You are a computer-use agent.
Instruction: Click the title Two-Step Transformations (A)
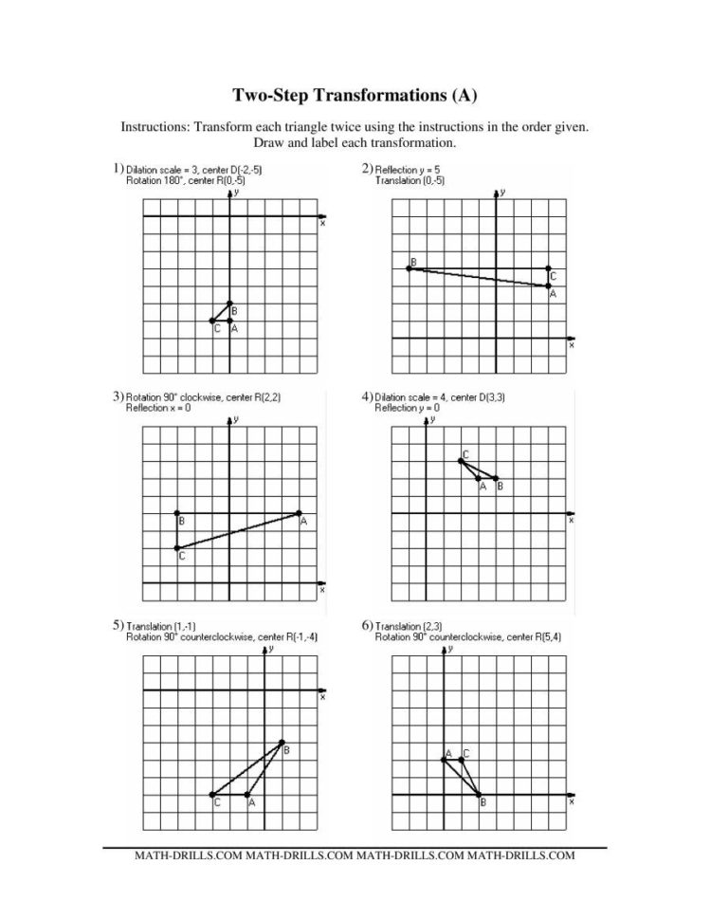(354, 95)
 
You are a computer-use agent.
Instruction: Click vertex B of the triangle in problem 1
(229, 304)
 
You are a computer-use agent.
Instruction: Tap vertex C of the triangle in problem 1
(211, 322)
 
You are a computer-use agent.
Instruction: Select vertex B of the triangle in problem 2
(408, 268)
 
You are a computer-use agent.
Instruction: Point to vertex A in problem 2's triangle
(549, 285)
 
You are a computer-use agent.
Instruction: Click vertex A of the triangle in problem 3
(300, 513)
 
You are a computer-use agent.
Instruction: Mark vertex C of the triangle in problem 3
(177, 548)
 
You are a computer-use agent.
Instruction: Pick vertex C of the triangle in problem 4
(461, 461)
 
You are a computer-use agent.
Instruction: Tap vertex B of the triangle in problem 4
(496, 478)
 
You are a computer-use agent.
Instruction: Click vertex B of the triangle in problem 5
(282, 742)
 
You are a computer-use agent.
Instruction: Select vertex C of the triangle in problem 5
(211, 795)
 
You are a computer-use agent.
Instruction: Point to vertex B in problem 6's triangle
(479, 795)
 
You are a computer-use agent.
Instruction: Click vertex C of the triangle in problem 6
(462, 759)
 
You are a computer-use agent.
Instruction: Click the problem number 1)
(118, 168)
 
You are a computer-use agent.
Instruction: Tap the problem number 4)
(367, 396)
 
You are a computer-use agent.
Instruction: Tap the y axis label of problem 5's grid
(272, 649)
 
